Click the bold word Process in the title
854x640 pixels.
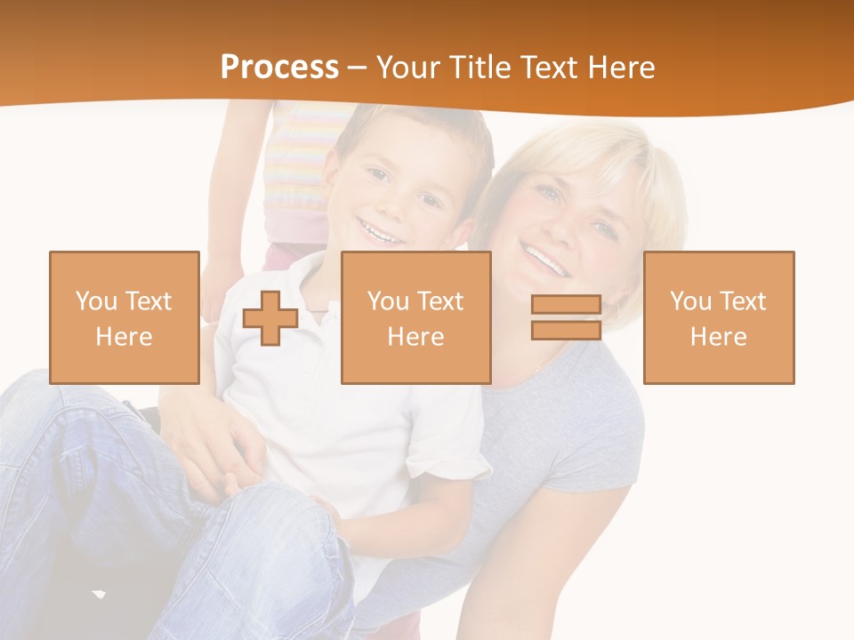[279, 68]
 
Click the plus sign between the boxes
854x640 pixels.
[270, 318]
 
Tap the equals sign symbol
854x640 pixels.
[566, 317]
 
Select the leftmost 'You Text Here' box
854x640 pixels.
[125, 317]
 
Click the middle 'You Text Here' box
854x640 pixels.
[416, 317]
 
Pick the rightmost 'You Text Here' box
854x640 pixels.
[719, 317]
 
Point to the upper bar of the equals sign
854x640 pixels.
[566, 305]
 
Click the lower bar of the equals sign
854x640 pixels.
[566, 330]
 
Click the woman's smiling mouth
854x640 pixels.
[544, 259]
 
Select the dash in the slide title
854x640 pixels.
[358, 68]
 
